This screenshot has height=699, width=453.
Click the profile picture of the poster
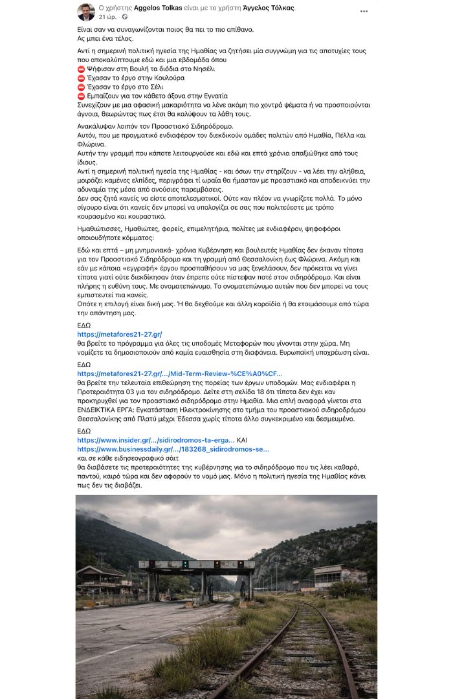coord(86,11)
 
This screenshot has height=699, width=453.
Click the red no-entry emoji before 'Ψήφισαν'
coord(81,69)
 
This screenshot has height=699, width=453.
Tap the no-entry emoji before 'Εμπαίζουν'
coord(81,96)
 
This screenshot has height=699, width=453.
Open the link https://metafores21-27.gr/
coord(119,334)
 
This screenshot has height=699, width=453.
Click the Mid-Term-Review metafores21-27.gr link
coord(179,373)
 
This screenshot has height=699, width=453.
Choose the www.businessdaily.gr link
coord(173,449)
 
